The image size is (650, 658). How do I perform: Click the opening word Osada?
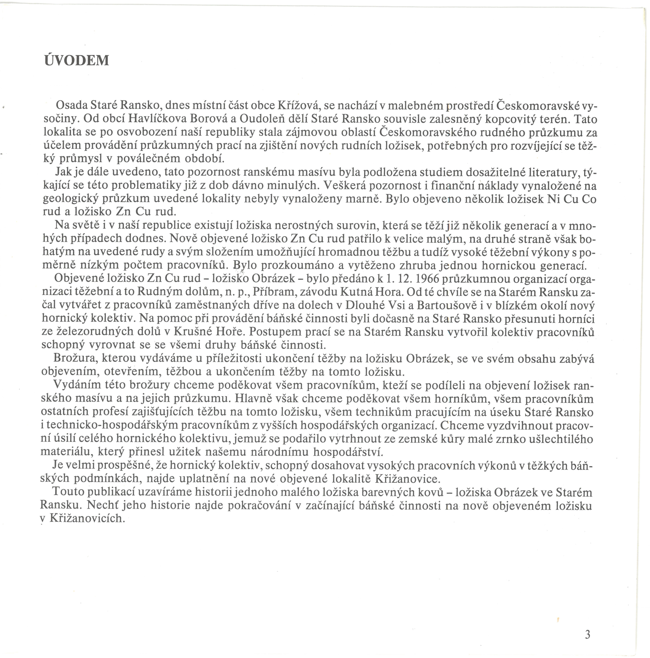71,105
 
